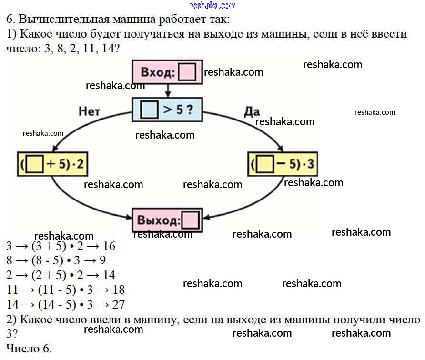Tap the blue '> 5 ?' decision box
pyautogui.click(x=167, y=110)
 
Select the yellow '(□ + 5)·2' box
pyautogui.click(x=53, y=164)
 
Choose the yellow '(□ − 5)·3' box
pyautogui.click(x=283, y=165)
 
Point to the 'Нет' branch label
pyautogui.click(x=90, y=111)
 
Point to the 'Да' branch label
pyautogui.click(x=252, y=111)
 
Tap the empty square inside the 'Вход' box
pyautogui.click(x=187, y=73)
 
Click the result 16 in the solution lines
pyautogui.click(x=109, y=246)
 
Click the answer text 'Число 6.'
pyautogui.click(x=29, y=348)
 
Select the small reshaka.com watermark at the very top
pyautogui.click(x=212, y=5)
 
